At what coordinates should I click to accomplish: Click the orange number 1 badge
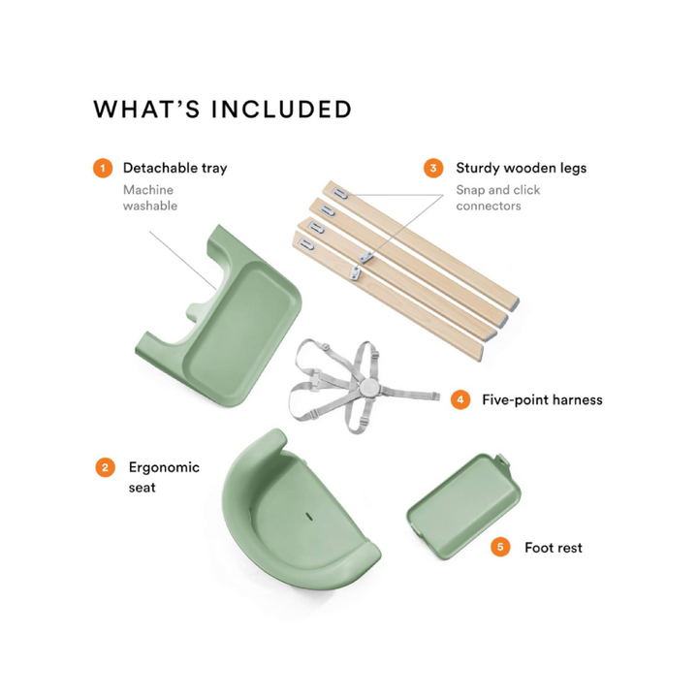tap(103, 169)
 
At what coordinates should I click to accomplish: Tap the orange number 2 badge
tap(105, 467)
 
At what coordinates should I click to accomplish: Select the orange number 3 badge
tap(433, 169)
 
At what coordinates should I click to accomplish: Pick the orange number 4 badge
tap(460, 399)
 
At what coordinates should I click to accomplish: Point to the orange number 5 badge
tap(500, 547)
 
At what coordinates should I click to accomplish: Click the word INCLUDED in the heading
tap(282, 110)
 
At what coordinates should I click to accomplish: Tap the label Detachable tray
tap(174, 168)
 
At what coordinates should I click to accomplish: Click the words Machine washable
tap(150, 198)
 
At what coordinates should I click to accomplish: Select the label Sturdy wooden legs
tap(521, 168)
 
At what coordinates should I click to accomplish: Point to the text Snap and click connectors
tap(497, 198)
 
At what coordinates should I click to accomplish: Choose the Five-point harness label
tap(542, 399)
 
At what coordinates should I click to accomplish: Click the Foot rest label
tap(554, 548)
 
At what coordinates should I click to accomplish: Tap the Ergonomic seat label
tap(164, 477)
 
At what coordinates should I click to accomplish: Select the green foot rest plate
tap(463, 507)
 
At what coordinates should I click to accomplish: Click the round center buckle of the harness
tap(369, 385)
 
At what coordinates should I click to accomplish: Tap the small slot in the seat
tap(308, 517)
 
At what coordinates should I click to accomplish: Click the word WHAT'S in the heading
tap(147, 110)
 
